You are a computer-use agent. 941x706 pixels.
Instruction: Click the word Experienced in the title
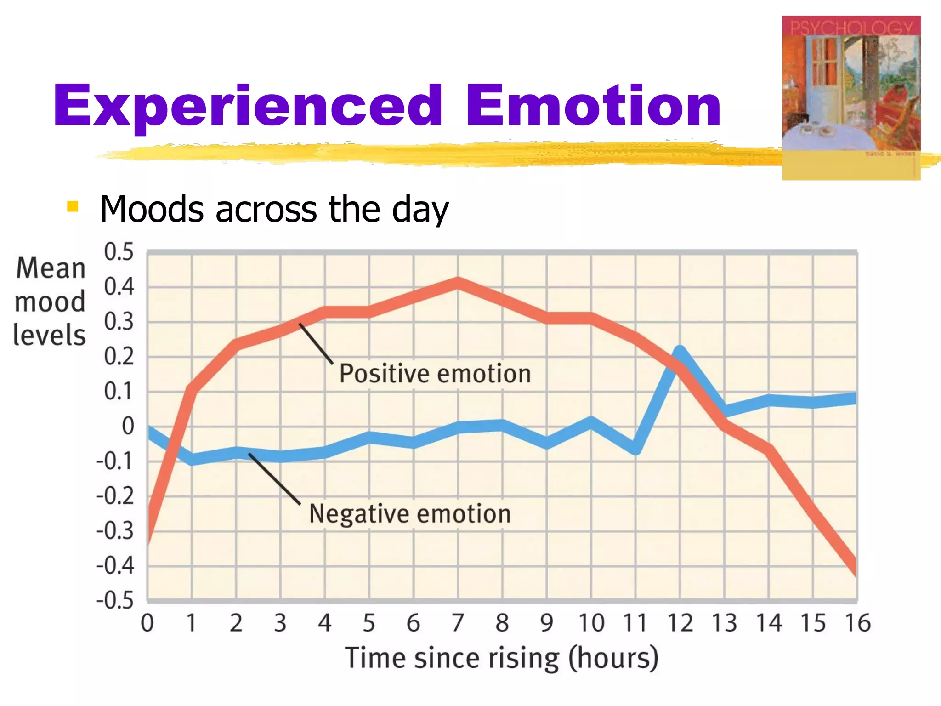[248, 107]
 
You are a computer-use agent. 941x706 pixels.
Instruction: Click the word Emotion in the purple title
[593, 107]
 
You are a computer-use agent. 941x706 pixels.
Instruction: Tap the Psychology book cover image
[851, 97]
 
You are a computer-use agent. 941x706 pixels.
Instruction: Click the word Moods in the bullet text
[152, 210]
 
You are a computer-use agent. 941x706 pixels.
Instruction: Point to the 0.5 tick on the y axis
[119, 252]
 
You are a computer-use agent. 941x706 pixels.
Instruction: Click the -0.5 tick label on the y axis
[115, 600]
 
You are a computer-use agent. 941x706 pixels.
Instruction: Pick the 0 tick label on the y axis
[128, 426]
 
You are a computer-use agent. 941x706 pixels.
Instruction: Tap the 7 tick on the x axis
[458, 623]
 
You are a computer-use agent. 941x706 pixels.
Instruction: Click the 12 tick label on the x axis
[680, 623]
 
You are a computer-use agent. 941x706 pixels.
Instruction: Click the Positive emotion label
[435, 373]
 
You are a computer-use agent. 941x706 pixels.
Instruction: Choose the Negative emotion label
[410, 513]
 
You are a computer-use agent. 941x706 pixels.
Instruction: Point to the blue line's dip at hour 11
[636, 448]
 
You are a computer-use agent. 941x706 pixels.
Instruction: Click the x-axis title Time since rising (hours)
[502, 658]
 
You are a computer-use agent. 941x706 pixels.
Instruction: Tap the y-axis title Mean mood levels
[50, 302]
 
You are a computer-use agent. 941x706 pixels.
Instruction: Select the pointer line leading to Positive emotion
[316, 344]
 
